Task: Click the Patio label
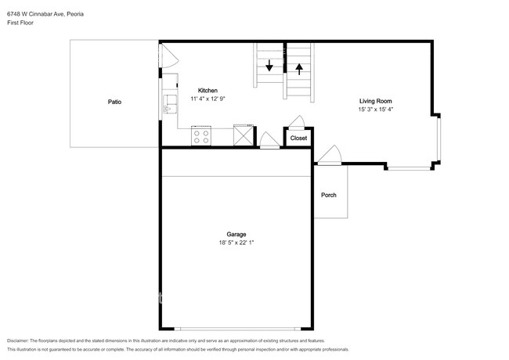coord(114,102)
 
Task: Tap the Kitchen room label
coord(208,91)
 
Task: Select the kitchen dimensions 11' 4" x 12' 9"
coord(208,99)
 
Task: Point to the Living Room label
coord(376,101)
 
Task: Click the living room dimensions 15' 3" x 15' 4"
coord(376,110)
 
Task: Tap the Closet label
coord(298,139)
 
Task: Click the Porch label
coord(329,195)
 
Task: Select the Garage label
coord(236,234)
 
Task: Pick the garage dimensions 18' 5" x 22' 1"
coord(236,243)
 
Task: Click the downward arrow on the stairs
coord(269,66)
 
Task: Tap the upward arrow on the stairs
coord(299,69)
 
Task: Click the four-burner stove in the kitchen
coord(201,136)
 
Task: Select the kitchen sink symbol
coord(170,104)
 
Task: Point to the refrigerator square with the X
coord(244,135)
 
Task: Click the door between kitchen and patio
coord(169,56)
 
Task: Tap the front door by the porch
coord(330,156)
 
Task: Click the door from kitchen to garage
coord(269,141)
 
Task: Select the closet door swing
coord(297,123)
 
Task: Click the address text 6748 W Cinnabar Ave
coord(36,14)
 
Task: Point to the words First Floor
coord(20,23)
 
